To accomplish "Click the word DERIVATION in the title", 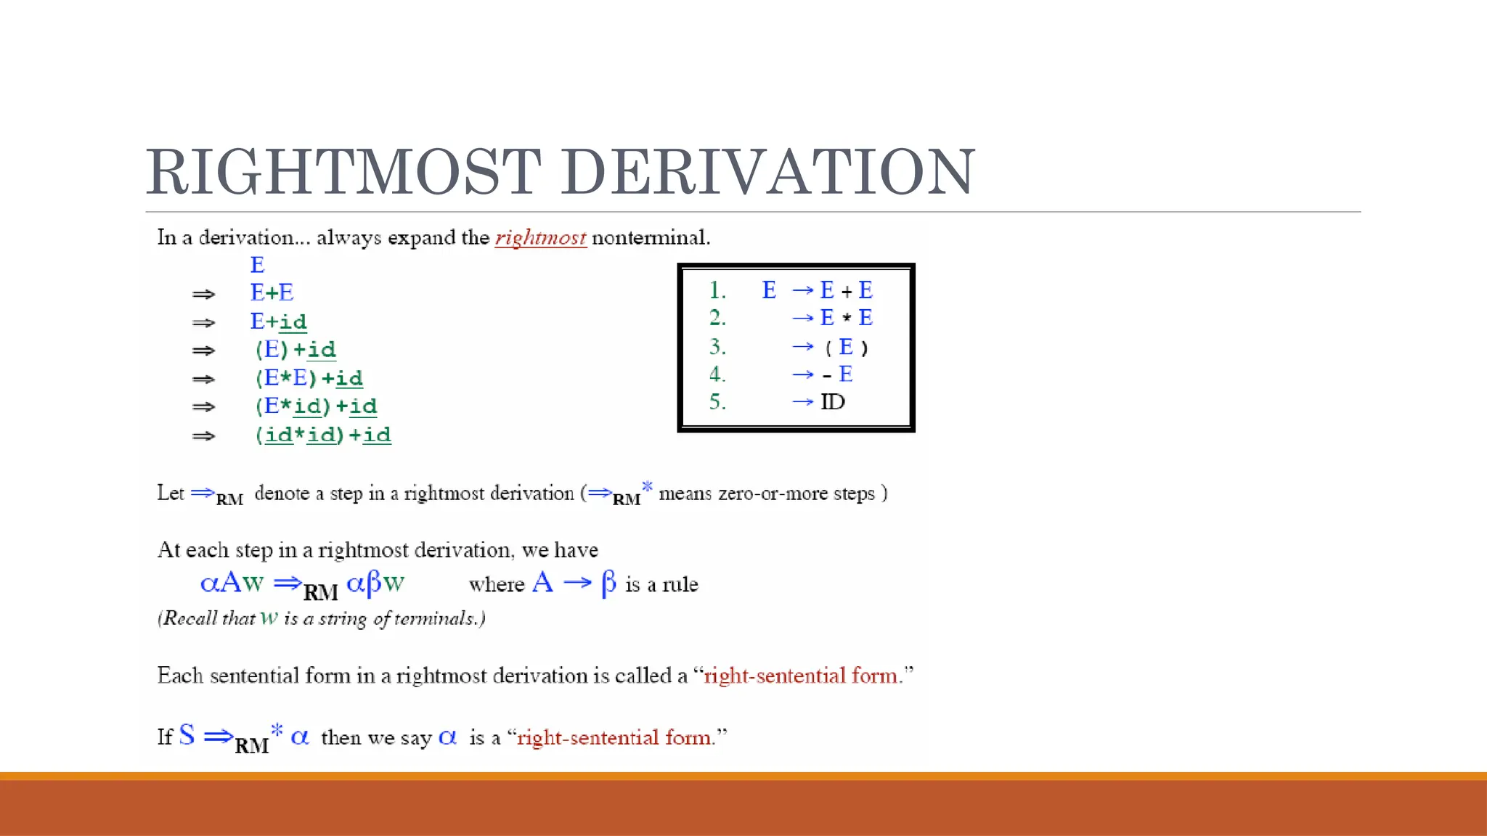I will coord(776,172).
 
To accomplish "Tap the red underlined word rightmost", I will coord(540,238).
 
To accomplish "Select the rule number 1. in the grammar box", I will coord(717,290).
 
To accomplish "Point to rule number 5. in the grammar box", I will coord(717,402).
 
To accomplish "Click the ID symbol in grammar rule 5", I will coord(833,402).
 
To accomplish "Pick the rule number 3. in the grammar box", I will coord(717,347).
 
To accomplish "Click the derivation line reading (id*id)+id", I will coord(323,435).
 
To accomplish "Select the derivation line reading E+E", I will coord(272,292).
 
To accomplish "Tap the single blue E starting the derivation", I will coord(257,265).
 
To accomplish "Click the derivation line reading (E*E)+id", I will coord(309,378).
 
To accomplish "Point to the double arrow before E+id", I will coord(203,322).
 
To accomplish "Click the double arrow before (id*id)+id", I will coord(203,436).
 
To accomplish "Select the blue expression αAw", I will coord(232,583).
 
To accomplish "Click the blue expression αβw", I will coord(375,583).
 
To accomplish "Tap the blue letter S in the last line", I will coord(187,735).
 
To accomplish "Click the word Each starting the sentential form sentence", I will coord(180,676).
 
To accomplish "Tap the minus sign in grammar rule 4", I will coord(826,376).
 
